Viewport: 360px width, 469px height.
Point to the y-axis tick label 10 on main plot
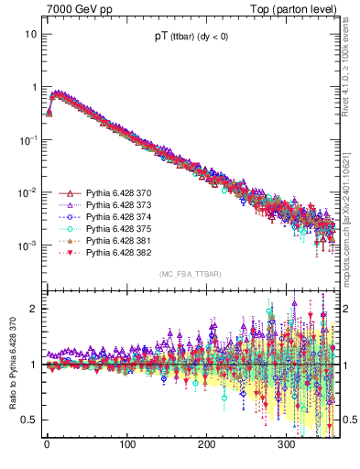(x=31, y=34)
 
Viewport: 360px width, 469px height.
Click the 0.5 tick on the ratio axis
(x=29, y=420)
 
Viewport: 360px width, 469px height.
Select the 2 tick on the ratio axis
(x=33, y=309)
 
